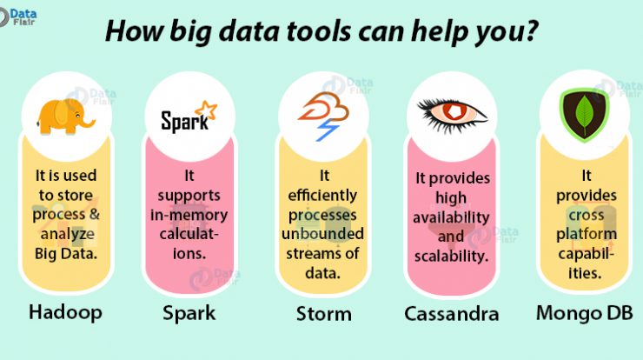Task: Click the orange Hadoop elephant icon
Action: pos(66,117)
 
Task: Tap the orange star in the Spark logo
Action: pos(206,110)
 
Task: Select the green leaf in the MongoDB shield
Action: pos(585,115)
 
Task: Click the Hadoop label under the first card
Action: pos(66,313)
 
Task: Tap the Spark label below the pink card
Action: pos(189,314)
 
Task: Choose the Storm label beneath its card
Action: pos(324,315)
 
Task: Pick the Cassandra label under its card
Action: pos(452,315)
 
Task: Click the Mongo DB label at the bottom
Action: pos(585,313)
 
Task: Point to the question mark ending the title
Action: pos(531,30)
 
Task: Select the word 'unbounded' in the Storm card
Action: pos(322,234)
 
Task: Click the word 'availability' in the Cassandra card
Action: pos(451,217)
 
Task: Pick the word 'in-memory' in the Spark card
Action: pos(189,215)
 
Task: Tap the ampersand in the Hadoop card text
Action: pos(95,214)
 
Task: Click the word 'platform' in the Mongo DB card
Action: pos(587,235)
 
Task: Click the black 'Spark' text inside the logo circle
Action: pos(184,122)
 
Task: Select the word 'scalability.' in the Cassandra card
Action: pos(451,257)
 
